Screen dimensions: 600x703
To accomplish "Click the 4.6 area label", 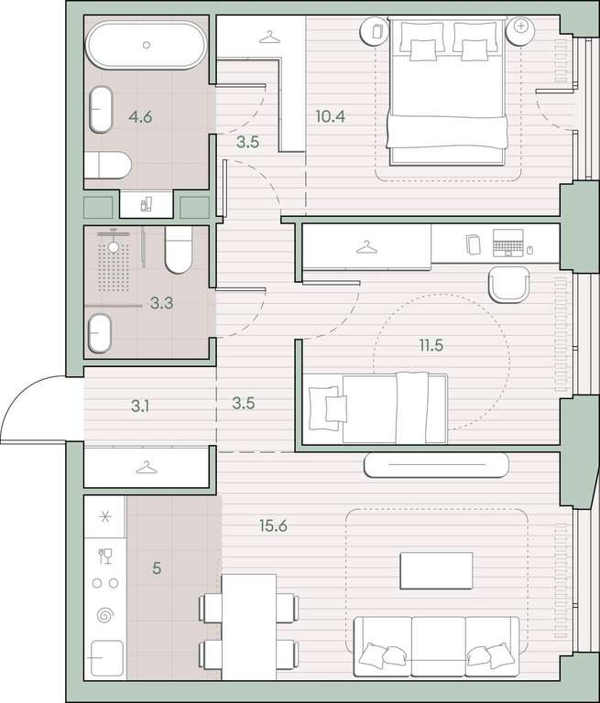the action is coord(140,117).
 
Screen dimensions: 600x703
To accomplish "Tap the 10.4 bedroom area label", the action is coord(331,116).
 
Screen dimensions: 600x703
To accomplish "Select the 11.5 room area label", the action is coord(431,345).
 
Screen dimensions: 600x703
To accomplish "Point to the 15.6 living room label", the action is coord(273,525).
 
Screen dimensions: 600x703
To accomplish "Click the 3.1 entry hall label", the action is coord(140,406).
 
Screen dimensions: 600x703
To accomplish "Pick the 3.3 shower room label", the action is coord(161,303).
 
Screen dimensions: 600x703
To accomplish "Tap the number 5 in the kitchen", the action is coord(157,568).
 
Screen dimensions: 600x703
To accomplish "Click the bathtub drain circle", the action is coord(147,45).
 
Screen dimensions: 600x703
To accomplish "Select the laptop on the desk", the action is coord(508,243).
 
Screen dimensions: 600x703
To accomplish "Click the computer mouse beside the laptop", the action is coord(529,250).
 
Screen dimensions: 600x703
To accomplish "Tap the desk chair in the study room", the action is coord(509,286).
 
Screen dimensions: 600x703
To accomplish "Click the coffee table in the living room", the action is coord(436,570).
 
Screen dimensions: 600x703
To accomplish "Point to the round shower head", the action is coord(114,246).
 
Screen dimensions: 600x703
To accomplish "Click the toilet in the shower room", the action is coord(179,250).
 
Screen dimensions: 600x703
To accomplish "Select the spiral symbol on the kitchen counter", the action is coord(105,615).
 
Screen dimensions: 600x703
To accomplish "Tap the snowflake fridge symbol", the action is coord(105,517).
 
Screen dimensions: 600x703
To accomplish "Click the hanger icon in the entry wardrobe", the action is coord(147,468).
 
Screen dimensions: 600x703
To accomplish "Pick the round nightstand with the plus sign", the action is coord(520,30).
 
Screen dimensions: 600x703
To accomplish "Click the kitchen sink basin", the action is coord(107,658).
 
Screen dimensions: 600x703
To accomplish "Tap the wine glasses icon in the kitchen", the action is coord(105,556).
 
